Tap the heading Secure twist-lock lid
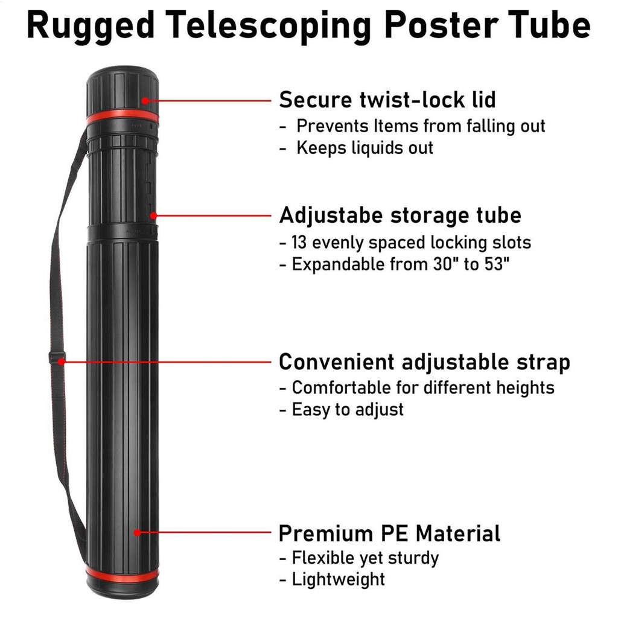point(387,100)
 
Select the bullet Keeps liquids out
point(365,147)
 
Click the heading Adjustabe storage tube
point(400,215)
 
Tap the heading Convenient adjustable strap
point(424,362)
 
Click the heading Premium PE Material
point(389,534)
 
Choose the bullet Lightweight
point(338,579)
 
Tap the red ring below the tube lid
point(122,116)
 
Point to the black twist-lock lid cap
point(122,88)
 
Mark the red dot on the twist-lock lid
point(145,101)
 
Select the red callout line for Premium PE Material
point(205,533)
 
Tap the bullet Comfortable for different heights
point(423,387)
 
